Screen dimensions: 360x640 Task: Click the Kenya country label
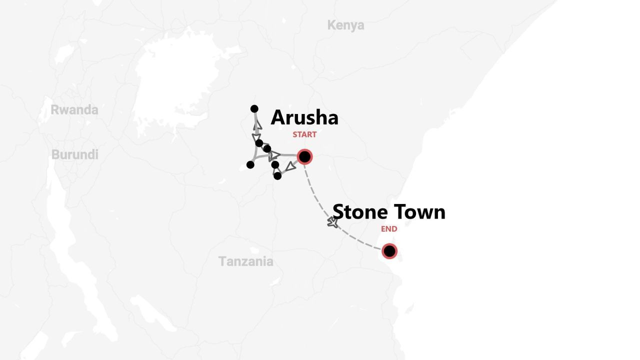[345, 25]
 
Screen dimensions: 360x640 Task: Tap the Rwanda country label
[74, 110]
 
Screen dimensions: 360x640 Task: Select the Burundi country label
[75, 155]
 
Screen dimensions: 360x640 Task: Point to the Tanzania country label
[245, 261]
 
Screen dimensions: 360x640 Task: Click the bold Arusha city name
[304, 118]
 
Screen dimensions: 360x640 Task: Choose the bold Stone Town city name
[388, 212]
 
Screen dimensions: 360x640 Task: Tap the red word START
[304, 134]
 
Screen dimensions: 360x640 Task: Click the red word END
[389, 229]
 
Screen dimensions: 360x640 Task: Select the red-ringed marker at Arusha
[304, 157]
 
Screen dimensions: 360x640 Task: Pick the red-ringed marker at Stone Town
[389, 251]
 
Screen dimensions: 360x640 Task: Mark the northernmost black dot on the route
[254, 109]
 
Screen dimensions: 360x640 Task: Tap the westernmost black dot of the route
[250, 165]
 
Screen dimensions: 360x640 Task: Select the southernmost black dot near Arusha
[277, 176]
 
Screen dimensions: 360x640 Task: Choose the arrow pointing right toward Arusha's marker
[274, 155]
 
